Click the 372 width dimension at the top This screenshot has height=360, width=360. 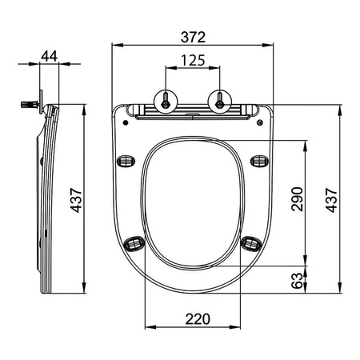coord(193,37)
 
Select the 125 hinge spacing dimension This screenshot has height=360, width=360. coord(193,60)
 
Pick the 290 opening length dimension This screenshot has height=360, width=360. coord(298,198)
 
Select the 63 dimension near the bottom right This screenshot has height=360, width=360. coord(298,281)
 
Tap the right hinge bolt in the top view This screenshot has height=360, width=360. coord(218,99)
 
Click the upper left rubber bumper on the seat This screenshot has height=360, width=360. coord(126,160)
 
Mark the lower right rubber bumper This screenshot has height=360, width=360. coord(250,241)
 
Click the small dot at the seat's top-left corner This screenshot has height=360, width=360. coord(126,122)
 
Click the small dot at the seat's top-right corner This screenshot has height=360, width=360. coord(261,122)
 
